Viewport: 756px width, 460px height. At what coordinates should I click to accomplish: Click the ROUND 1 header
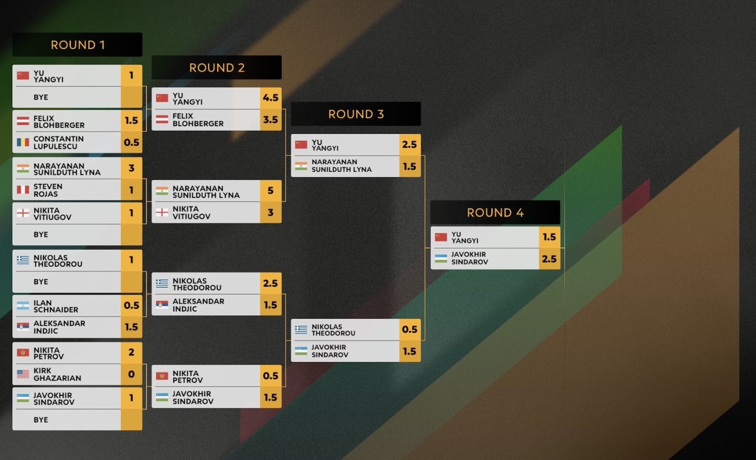pyautogui.click(x=77, y=44)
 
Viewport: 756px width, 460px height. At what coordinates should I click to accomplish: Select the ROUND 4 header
pyautogui.click(x=495, y=212)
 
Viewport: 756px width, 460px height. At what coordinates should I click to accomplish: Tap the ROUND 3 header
pyautogui.click(x=356, y=114)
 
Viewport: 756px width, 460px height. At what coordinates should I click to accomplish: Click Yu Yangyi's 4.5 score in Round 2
pyautogui.click(x=271, y=98)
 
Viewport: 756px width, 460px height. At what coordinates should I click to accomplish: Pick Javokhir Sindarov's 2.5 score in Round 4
pyautogui.click(x=550, y=259)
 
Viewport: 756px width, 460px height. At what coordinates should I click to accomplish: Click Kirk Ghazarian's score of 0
pyautogui.click(x=131, y=374)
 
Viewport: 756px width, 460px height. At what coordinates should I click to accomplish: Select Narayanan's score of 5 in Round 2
pyautogui.click(x=271, y=191)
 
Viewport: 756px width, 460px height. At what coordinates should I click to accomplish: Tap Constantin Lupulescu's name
pyautogui.click(x=59, y=142)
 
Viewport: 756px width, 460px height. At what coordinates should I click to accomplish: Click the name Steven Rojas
pyautogui.click(x=48, y=190)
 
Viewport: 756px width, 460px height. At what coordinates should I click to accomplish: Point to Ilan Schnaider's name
pyautogui.click(x=56, y=306)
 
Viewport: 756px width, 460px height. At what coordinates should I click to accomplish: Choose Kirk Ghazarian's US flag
pyautogui.click(x=23, y=374)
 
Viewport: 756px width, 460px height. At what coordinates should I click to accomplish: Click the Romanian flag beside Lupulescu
pyautogui.click(x=23, y=142)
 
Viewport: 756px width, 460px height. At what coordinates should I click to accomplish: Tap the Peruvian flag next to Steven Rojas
pyautogui.click(x=23, y=190)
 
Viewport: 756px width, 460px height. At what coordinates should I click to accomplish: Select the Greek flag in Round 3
pyautogui.click(x=301, y=330)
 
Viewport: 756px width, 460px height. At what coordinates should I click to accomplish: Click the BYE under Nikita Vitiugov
pyautogui.click(x=41, y=234)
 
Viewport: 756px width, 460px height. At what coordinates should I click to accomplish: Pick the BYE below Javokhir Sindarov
pyautogui.click(x=41, y=420)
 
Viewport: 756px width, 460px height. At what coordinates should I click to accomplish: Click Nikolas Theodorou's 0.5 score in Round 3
pyautogui.click(x=410, y=330)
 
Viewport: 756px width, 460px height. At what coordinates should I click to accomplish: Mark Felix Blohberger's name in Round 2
pyautogui.click(x=198, y=120)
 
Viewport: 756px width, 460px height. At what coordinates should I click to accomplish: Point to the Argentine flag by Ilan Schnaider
pyautogui.click(x=23, y=306)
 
